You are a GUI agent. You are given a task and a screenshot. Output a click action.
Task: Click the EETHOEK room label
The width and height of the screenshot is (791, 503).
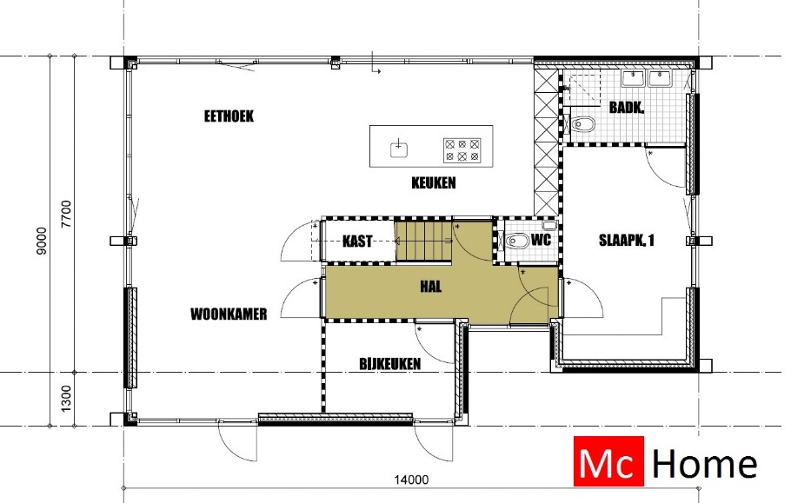[229, 116]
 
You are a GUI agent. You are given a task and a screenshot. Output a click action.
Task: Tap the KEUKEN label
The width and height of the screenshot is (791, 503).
[433, 183]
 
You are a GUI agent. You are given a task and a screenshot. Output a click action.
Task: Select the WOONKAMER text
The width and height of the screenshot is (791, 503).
[229, 314]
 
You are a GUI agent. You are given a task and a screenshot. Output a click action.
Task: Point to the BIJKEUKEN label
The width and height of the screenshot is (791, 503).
[389, 364]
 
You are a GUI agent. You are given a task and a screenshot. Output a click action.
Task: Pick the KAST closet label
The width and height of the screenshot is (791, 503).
[358, 242]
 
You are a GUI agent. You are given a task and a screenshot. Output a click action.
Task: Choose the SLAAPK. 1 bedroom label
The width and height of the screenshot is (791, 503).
[626, 242]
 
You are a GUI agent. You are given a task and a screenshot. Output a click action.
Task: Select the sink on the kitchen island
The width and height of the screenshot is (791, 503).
[399, 148]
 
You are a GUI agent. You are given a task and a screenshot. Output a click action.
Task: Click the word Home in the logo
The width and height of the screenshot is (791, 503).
[704, 463]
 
